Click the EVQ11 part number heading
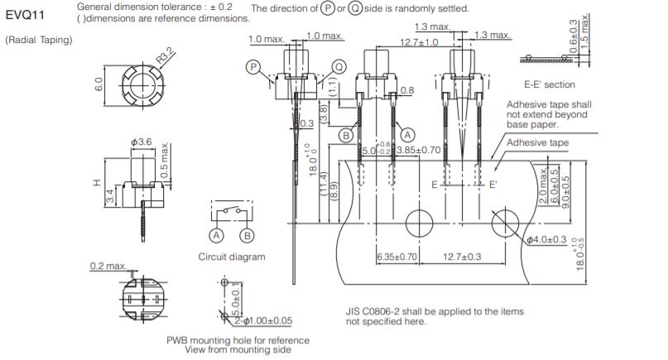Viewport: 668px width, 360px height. tap(25, 16)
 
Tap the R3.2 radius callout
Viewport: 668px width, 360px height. tap(166, 55)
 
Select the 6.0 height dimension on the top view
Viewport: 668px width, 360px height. tap(99, 84)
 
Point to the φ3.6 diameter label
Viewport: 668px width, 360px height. tap(141, 142)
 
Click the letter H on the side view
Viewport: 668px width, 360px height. tap(97, 183)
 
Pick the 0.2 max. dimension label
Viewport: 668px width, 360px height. tap(108, 266)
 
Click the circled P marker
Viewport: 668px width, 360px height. tap(253, 67)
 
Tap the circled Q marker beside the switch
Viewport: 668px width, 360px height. tap(339, 67)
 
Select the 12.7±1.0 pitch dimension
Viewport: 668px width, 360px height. tap(419, 42)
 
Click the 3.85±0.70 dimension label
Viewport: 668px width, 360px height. tap(418, 150)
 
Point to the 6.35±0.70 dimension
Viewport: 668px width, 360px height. tap(396, 257)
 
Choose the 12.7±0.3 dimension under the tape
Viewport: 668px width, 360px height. tap(462, 257)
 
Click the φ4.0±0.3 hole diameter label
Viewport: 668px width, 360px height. tap(546, 240)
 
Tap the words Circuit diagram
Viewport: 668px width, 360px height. tap(232, 257)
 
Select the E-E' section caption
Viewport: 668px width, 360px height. tap(550, 84)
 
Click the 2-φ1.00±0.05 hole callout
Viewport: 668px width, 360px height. tap(263, 321)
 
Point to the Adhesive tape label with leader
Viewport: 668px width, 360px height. tap(538, 142)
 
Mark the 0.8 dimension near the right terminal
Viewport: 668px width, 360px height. tap(407, 90)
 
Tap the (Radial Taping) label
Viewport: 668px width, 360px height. tap(39, 40)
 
